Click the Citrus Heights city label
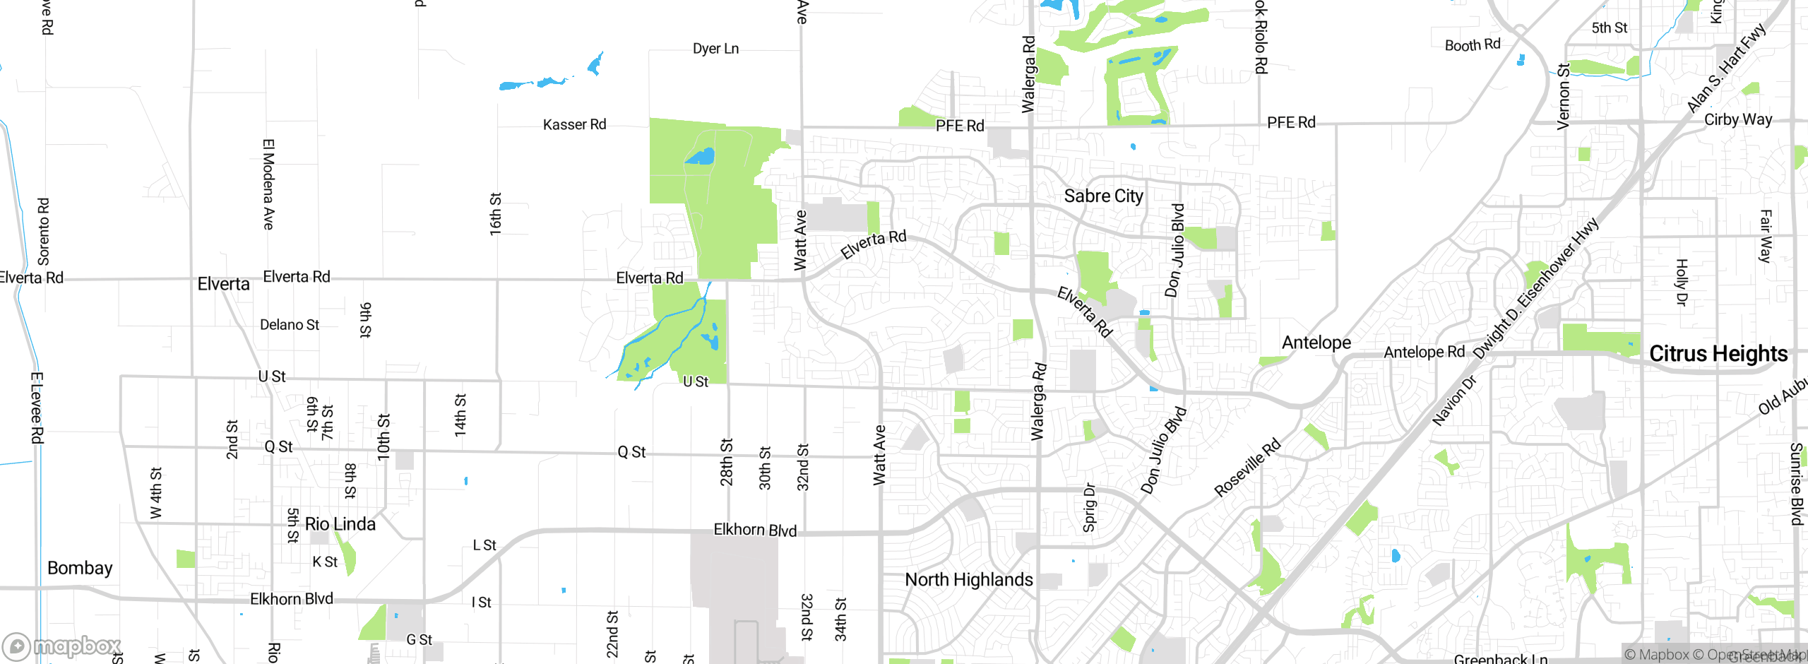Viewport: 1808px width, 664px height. [x=1718, y=353]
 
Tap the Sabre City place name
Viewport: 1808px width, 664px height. [x=1103, y=196]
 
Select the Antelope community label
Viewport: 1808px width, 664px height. [x=1316, y=343]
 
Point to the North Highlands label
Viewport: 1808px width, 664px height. [x=968, y=580]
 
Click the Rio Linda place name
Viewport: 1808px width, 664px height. [x=340, y=524]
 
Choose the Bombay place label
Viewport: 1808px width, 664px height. [x=80, y=568]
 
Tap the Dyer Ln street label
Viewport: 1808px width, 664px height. [x=715, y=49]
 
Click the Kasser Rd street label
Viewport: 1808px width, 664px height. [x=574, y=125]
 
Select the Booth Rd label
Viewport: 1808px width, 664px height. [x=1472, y=45]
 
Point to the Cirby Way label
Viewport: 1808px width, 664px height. [x=1737, y=119]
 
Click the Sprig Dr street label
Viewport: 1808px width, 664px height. [x=1089, y=507]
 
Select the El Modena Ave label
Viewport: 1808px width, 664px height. [x=268, y=184]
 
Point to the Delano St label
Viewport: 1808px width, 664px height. [x=290, y=325]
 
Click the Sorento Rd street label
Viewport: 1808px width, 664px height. [x=44, y=231]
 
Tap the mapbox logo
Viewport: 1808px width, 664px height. [x=62, y=646]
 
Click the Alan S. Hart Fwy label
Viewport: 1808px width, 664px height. [x=1725, y=69]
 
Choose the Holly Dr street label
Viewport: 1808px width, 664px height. [x=1682, y=282]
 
